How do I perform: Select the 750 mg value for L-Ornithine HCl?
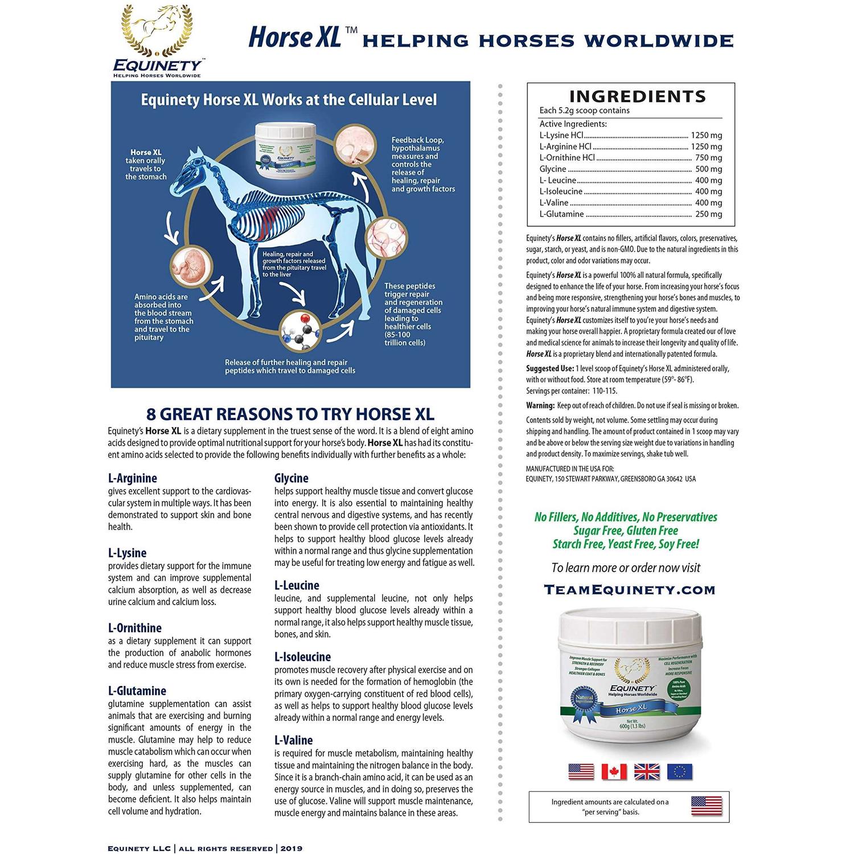pyautogui.click(x=708, y=158)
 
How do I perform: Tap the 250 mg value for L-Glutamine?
pyautogui.click(x=708, y=214)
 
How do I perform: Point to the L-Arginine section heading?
pyautogui.click(x=132, y=478)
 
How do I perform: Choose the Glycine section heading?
pyautogui.click(x=291, y=478)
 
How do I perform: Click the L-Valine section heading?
pyautogui.click(x=293, y=740)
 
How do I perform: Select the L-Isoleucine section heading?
pyautogui.click(x=302, y=656)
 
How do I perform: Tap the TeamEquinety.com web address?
pyautogui.click(x=629, y=590)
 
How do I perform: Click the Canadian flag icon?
pyautogui.click(x=614, y=771)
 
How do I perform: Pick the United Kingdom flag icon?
pyautogui.click(x=647, y=771)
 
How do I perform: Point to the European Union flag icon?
pyautogui.click(x=680, y=771)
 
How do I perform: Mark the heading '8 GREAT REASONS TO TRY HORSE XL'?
pyautogui.click(x=290, y=414)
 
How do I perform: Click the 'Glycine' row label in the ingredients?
pyautogui.click(x=553, y=169)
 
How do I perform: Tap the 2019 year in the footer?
pyautogui.click(x=291, y=848)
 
